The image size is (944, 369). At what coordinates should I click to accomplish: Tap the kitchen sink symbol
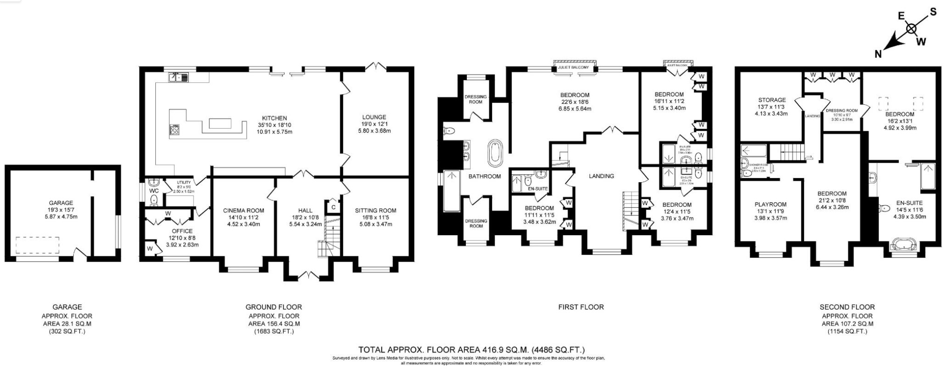pyautogui.click(x=179, y=77)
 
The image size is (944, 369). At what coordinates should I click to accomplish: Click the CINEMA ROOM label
pyautogui.click(x=243, y=211)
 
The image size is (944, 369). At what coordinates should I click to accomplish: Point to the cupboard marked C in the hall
pyautogui.click(x=333, y=207)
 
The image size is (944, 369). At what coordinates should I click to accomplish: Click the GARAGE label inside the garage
pyautogui.click(x=61, y=203)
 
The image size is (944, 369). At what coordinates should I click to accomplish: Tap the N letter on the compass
pyautogui.click(x=878, y=55)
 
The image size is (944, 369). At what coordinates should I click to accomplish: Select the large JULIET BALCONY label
pyautogui.click(x=573, y=68)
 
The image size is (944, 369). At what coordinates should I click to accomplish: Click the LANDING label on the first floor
pyautogui.click(x=601, y=176)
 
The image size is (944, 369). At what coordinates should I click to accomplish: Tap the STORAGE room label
pyautogui.click(x=771, y=100)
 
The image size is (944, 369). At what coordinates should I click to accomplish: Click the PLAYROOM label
pyautogui.click(x=770, y=204)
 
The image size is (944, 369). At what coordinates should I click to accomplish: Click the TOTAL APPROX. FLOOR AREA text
pyautogui.click(x=471, y=349)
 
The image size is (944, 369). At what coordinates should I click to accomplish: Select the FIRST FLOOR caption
pyautogui.click(x=581, y=307)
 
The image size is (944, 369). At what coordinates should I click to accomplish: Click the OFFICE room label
pyautogui.click(x=182, y=231)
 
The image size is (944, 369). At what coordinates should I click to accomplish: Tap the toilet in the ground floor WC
pyautogui.click(x=154, y=199)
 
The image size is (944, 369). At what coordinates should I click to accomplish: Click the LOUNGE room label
pyautogui.click(x=374, y=117)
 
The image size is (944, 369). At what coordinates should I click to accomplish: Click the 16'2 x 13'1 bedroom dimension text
pyautogui.click(x=900, y=121)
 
